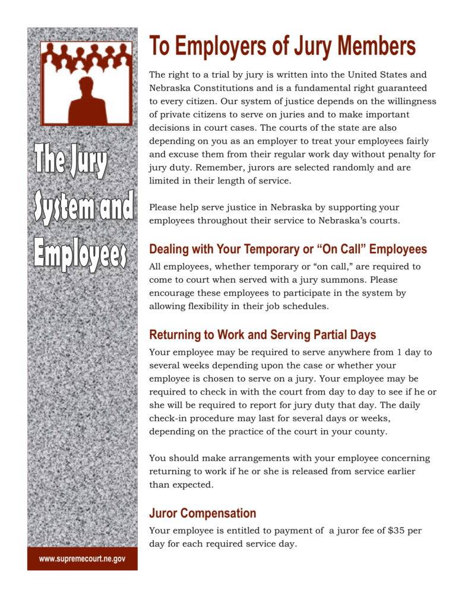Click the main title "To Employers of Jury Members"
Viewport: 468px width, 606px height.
pyautogui.click(x=282, y=46)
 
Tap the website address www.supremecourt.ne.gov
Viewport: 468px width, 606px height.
pyautogui.click(x=82, y=559)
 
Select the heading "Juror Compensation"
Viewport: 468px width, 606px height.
pyautogui.click(x=203, y=513)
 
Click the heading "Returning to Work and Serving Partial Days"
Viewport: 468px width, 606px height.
pyautogui.click(x=263, y=334)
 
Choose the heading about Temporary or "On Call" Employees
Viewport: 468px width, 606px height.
pyautogui.click(x=287, y=249)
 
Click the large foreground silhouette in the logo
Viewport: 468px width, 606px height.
pyautogui.click(x=86, y=101)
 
